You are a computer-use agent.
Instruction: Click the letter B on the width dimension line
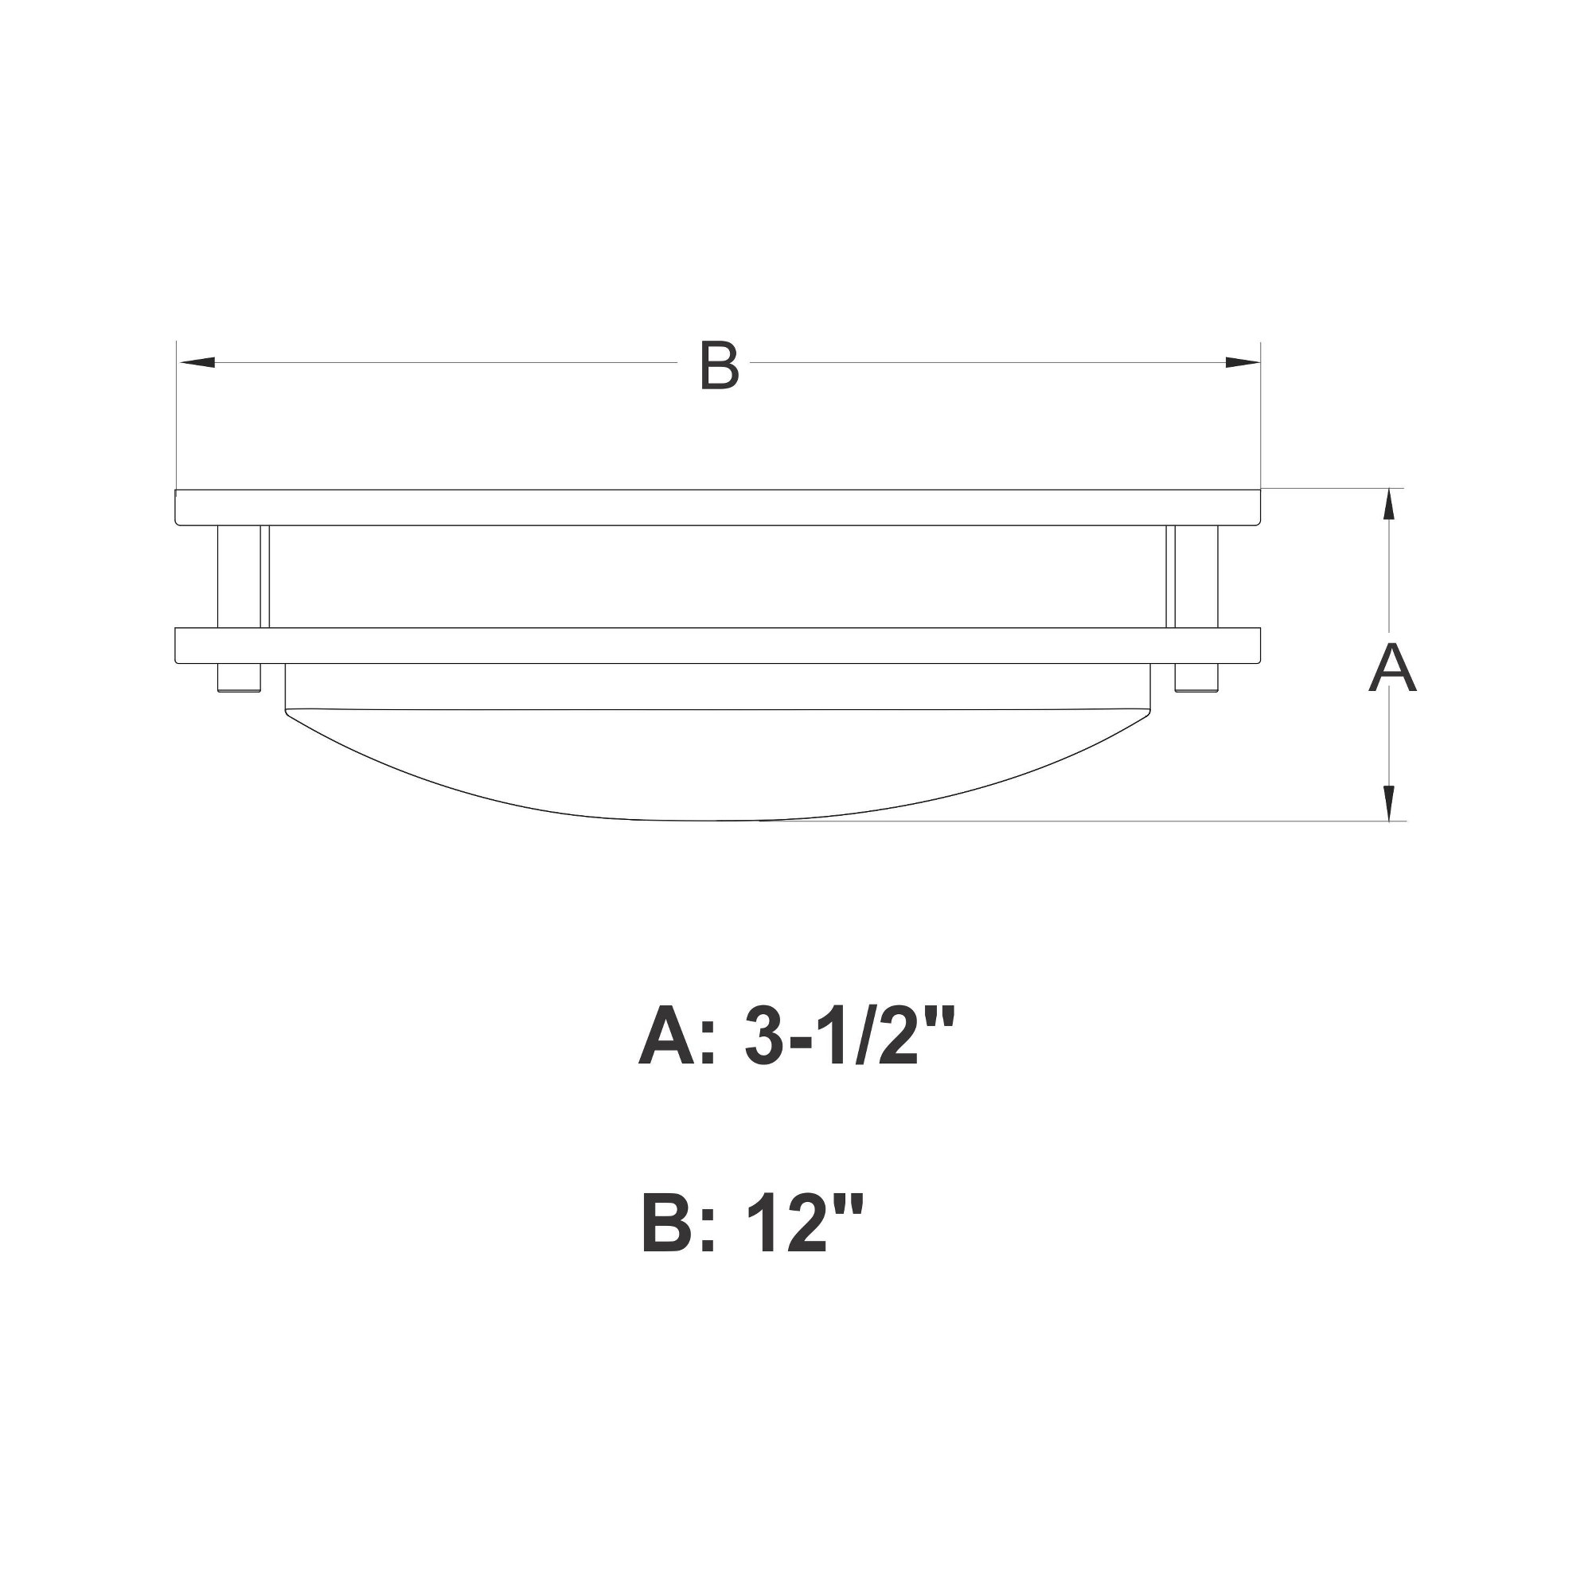[x=719, y=364]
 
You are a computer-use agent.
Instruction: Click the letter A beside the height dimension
[x=1391, y=668]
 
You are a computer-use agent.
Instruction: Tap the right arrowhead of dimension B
[x=1243, y=362]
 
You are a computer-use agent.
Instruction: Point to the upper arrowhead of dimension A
[x=1389, y=505]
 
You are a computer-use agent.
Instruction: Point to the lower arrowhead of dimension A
[x=1389, y=802]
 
